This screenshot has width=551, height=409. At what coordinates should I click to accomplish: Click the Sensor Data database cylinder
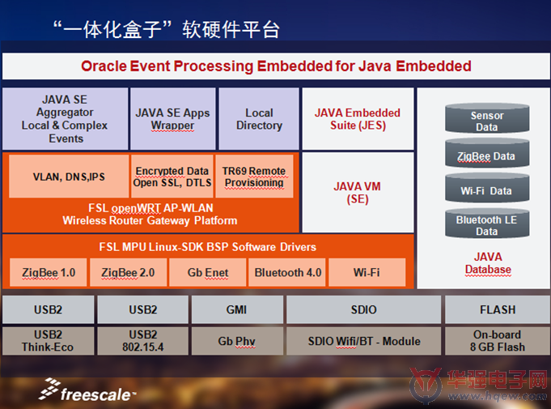[x=487, y=118]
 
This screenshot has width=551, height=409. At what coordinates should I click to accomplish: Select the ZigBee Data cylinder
[x=487, y=153]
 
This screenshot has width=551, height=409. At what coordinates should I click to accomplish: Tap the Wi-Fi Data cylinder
[x=487, y=188]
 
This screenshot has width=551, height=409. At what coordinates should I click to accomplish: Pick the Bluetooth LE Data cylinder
[x=487, y=224]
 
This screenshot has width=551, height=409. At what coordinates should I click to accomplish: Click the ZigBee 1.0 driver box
[x=49, y=273]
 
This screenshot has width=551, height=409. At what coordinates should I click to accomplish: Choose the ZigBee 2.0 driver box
[x=129, y=273]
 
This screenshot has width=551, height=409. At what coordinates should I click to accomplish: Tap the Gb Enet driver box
[x=208, y=273]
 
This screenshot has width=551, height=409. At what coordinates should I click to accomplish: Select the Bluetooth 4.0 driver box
[x=287, y=273]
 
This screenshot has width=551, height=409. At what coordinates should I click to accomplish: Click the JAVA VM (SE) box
[x=358, y=193]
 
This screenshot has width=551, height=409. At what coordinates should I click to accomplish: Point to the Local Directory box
[x=259, y=119]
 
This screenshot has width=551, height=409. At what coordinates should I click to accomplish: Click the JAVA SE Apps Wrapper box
[x=172, y=119]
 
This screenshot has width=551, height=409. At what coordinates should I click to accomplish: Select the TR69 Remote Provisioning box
[x=254, y=177]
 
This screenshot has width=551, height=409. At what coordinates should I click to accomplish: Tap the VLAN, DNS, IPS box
[x=69, y=177]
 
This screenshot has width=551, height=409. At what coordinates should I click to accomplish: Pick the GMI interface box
[x=237, y=309]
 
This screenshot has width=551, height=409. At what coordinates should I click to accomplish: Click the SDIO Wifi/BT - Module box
[x=364, y=341]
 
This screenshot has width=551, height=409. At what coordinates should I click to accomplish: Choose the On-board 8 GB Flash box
[x=498, y=341]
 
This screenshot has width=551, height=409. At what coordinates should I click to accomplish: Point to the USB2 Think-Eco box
[x=49, y=341]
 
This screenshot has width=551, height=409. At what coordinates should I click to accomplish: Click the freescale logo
[x=87, y=390]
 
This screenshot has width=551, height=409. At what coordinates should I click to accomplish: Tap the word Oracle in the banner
[x=104, y=66]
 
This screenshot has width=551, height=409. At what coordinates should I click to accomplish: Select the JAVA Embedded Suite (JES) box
[x=358, y=119]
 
